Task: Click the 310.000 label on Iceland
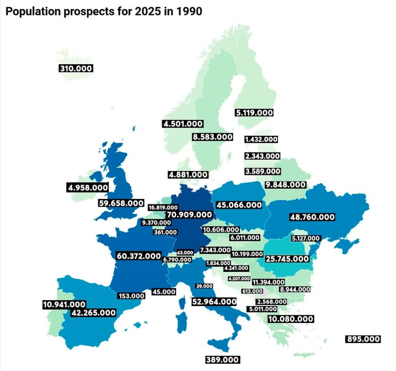(x=76, y=69)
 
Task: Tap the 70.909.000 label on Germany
(x=189, y=215)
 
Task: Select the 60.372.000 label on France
(x=139, y=256)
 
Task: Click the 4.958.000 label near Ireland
(x=87, y=188)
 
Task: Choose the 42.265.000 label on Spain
(x=93, y=313)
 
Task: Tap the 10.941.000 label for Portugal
(x=64, y=304)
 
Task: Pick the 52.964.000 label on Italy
(x=214, y=301)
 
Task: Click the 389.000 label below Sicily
(x=222, y=360)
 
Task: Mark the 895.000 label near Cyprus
(x=363, y=339)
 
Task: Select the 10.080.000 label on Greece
(x=290, y=319)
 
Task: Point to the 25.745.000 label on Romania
(x=287, y=258)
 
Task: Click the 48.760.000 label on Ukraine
(x=312, y=217)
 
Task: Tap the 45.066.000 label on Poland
(x=239, y=205)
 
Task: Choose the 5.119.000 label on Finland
(x=254, y=113)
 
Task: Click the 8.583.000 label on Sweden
(x=213, y=137)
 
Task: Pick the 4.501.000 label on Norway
(x=183, y=124)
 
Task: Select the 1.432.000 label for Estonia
(x=261, y=139)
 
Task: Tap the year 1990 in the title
(x=188, y=12)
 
